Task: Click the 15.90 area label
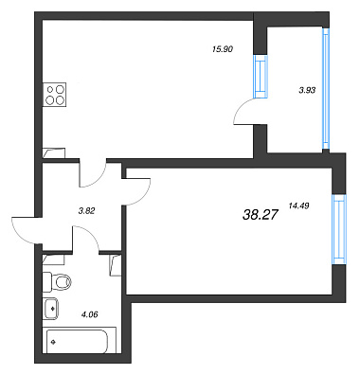(223, 49)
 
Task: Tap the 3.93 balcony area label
(307, 91)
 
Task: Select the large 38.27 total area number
(261, 215)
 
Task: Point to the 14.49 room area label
(298, 205)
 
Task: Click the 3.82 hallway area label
(86, 211)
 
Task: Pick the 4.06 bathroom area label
(90, 314)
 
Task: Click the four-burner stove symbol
(55, 95)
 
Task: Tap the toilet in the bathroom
(57, 281)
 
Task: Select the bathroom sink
(50, 308)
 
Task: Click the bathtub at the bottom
(80, 340)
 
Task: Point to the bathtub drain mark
(53, 341)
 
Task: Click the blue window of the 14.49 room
(339, 229)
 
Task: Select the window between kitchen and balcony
(261, 76)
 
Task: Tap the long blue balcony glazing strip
(326, 88)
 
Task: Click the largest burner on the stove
(60, 100)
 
